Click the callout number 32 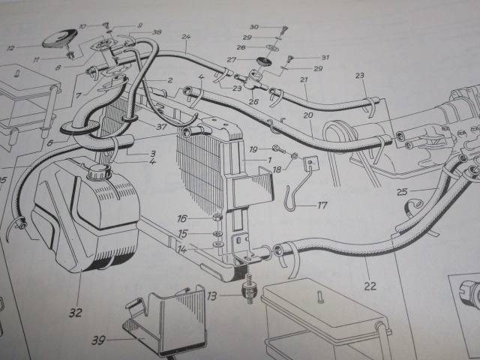point(76,313)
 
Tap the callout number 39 point(98,340)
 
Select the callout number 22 point(370,286)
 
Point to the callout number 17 point(322,205)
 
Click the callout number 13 point(211,296)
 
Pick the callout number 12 point(10,48)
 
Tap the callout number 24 point(186,37)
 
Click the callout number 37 point(161,127)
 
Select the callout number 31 point(325,57)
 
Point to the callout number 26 point(253,101)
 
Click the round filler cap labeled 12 point(60,39)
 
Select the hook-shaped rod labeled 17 point(298,190)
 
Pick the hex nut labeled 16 point(217,218)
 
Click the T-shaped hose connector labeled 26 point(250,80)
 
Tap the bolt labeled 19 point(278,149)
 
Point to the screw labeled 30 point(285,30)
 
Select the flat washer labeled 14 point(217,244)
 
